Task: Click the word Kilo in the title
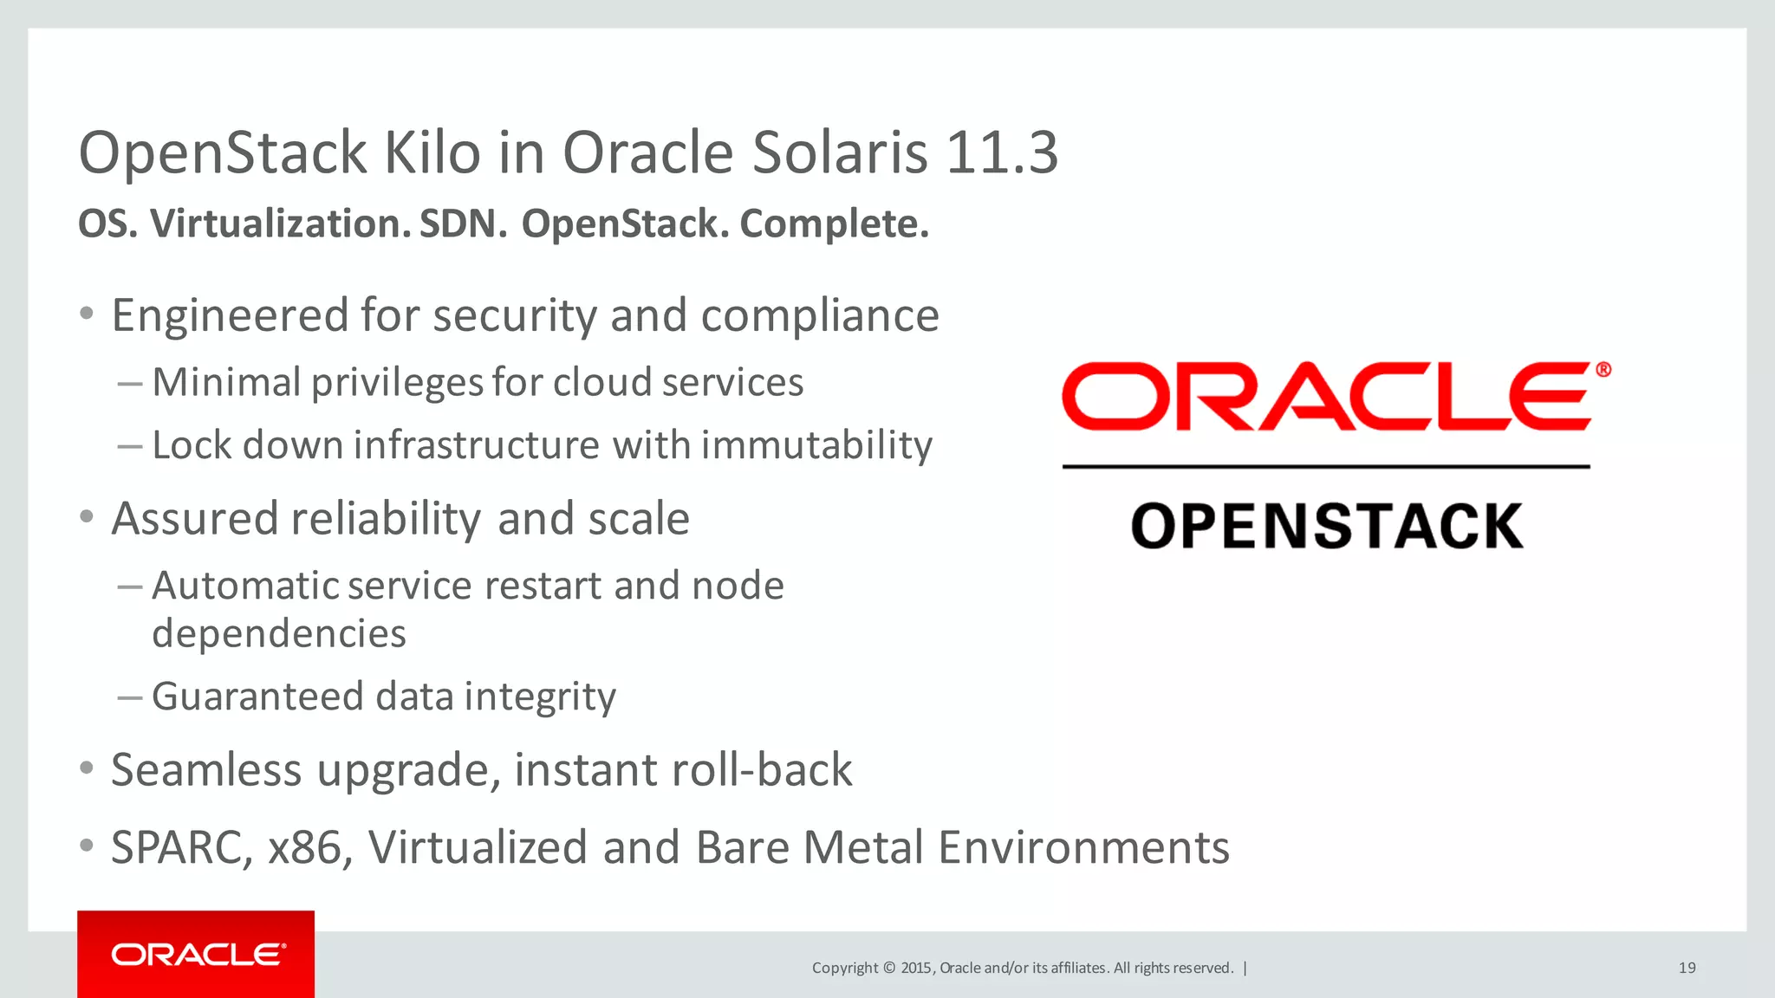point(432,153)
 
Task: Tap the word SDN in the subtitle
point(463,224)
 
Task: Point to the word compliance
point(820,315)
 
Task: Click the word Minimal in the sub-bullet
point(226,382)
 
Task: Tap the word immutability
point(816,445)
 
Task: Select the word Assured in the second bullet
point(195,519)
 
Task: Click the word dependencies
point(279,633)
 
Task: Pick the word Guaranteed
point(257,697)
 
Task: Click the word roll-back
point(770,769)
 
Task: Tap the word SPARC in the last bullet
point(177,847)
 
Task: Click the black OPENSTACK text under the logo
point(1326,527)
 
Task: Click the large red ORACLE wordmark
point(1326,397)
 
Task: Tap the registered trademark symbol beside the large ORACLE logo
point(1603,370)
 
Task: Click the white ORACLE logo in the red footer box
point(198,955)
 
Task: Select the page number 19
point(1687,968)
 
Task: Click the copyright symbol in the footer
point(888,968)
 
